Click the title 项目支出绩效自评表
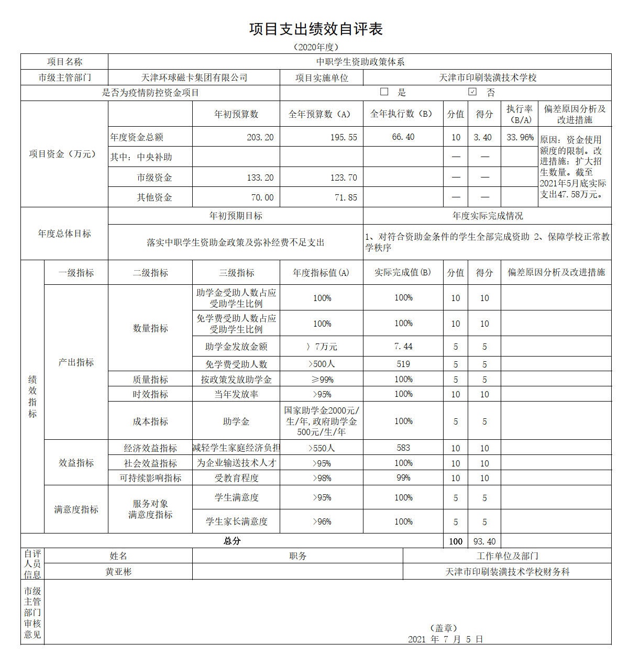coord(315,29)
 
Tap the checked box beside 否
coord(472,92)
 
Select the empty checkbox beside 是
coord(384,92)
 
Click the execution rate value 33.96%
coord(520,137)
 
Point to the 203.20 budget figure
coord(260,137)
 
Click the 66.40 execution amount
coord(403,137)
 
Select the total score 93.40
coord(484,541)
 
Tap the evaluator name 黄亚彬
coord(118,572)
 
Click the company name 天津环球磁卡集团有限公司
coord(194,77)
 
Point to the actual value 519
coord(403,364)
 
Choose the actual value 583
coord(403,448)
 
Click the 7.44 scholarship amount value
coord(403,347)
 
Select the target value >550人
coord(322,448)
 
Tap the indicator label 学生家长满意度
coord(237,521)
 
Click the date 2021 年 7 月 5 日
coord(445,639)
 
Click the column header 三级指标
coord(237,273)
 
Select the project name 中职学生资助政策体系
coord(360,62)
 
